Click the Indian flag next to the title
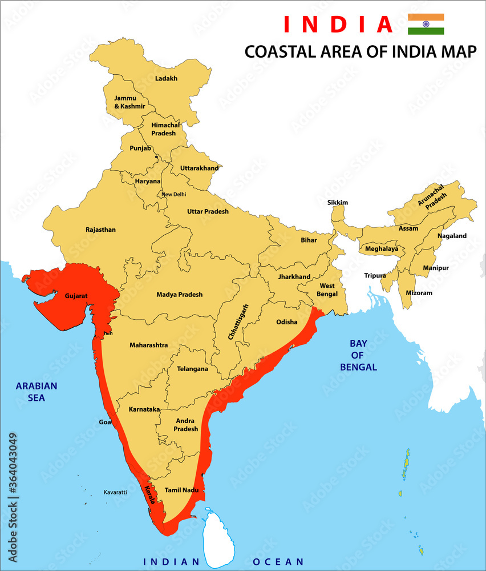tap(426, 24)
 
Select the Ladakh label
tap(167, 79)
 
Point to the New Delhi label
tap(173, 194)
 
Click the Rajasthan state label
tap(100, 230)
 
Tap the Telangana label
tap(192, 369)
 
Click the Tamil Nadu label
tap(181, 490)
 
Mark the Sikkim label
tap(338, 203)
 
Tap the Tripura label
tap(375, 276)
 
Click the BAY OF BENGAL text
tap(358, 355)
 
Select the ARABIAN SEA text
tap(37, 392)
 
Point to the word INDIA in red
tap(338, 25)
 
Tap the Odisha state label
tap(287, 322)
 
